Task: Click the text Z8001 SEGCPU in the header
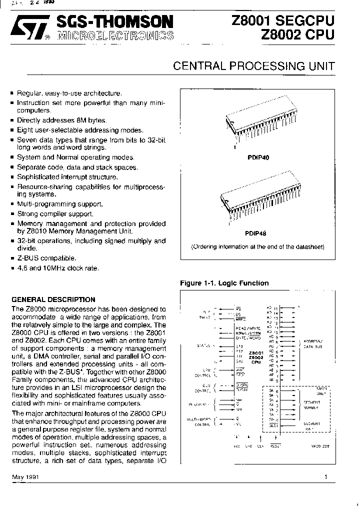[x=282, y=20]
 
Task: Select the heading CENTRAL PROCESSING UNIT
[x=253, y=66]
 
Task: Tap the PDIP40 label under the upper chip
[x=258, y=157]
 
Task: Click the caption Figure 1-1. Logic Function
[x=224, y=283]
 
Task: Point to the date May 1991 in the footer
[x=25, y=477]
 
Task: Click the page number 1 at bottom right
[x=325, y=477]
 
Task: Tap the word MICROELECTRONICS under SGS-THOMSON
[x=115, y=35]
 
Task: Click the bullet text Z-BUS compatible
[x=46, y=258]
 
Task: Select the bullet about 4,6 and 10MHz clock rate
[x=57, y=268]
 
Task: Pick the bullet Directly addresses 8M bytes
[x=61, y=120]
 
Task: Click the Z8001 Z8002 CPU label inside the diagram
[x=255, y=357]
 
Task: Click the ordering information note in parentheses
[x=258, y=247]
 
